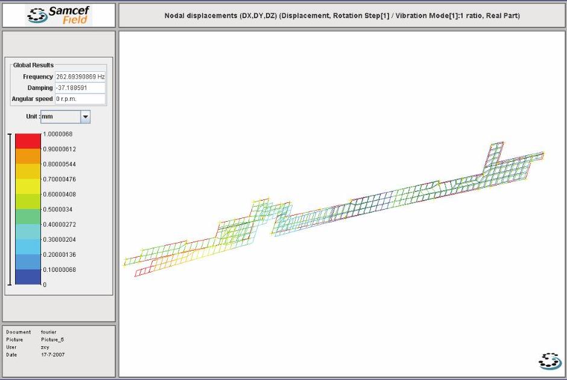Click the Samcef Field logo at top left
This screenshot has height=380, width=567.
(59, 15)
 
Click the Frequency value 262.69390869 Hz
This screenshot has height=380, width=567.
(80, 77)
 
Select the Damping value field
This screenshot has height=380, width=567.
(80, 88)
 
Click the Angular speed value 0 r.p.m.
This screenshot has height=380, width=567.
(66, 99)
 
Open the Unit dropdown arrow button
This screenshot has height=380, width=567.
(85, 117)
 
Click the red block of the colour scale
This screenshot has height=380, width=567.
(28, 141)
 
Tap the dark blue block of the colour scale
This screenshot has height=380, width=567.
(28, 277)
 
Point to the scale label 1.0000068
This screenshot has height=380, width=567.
(58, 134)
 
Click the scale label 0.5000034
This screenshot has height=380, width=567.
(58, 210)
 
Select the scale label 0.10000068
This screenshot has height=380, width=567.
(59, 269)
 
